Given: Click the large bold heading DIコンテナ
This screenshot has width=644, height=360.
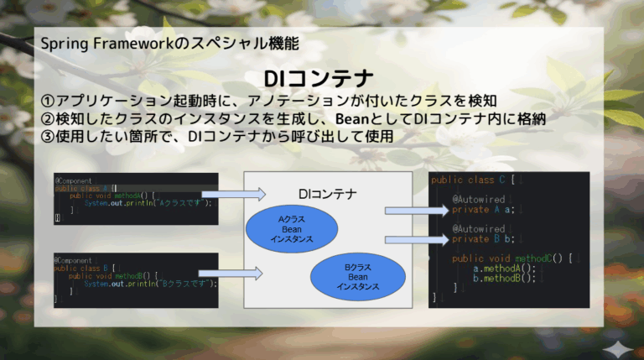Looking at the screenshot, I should tap(318, 80).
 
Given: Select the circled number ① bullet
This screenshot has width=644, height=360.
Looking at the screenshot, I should tap(48, 102).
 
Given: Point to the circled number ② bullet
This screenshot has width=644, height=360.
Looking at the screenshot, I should tap(48, 119).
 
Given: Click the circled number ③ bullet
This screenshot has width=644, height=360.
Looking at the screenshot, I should tap(48, 136).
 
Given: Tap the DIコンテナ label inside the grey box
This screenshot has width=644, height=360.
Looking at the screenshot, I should tap(327, 194).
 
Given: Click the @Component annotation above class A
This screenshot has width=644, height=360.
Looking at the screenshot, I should tap(73, 180).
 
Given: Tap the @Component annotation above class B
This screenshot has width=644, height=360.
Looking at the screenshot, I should tap(73, 260).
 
